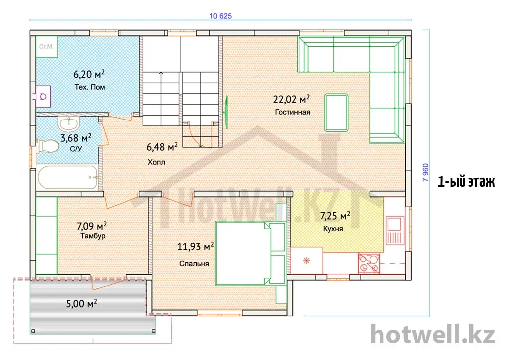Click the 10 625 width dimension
tap(220, 16)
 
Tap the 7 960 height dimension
tap(425, 172)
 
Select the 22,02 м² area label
tap(291, 99)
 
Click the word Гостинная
tap(293, 112)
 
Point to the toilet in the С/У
tap(47, 146)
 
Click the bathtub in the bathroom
tap(68, 178)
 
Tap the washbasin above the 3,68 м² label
tap(69, 123)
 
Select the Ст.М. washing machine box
tap(46, 47)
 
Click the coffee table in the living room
tap(336, 113)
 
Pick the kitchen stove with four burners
tap(369, 263)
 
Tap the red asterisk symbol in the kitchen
tap(306, 260)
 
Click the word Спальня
tap(194, 264)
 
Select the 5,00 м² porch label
tap(81, 304)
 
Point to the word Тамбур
tap(93, 236)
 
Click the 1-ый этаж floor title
tap(466, 182)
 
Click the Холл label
tap(156, 162)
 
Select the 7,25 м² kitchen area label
tap(335, 216)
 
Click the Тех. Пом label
tap(90, 87)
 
